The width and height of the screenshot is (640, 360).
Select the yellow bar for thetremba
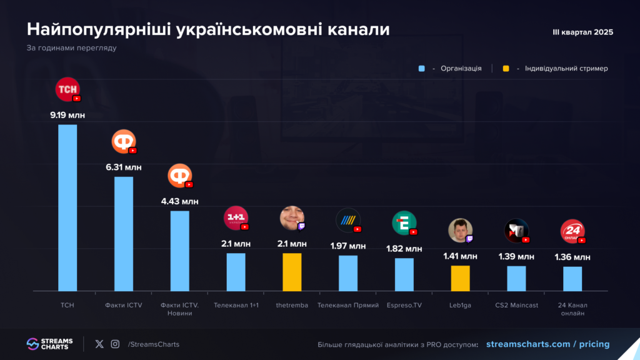pos(292,272)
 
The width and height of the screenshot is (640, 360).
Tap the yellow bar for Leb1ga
pos(461,278)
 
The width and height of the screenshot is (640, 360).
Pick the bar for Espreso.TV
pos(404,274)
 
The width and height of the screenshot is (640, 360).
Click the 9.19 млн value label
pos(67,115)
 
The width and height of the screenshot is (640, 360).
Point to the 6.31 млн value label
pos(124,167)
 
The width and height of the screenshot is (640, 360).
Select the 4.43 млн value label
pos(180,201)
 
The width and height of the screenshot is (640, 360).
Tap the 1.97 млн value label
pos(348,246)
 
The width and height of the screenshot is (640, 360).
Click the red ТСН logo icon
pos(67,89)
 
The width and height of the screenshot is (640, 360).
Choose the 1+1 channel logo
pos(236,217)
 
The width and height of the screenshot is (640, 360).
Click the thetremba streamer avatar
pos(291,217)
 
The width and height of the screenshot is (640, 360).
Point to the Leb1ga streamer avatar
pos(459,230)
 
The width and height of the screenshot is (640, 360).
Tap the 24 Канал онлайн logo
pos(572,231)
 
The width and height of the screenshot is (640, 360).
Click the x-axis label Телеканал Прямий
pos(348,305)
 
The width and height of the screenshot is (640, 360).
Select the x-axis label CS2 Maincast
pos(516,305)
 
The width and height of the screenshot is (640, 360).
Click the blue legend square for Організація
pos(422,69)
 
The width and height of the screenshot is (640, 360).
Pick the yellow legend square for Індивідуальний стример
pos(506,69)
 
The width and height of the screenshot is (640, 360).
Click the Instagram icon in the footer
pos(115,344)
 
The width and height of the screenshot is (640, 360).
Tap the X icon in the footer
pos(99,344)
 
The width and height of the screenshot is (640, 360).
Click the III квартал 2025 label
pos(582,32)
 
